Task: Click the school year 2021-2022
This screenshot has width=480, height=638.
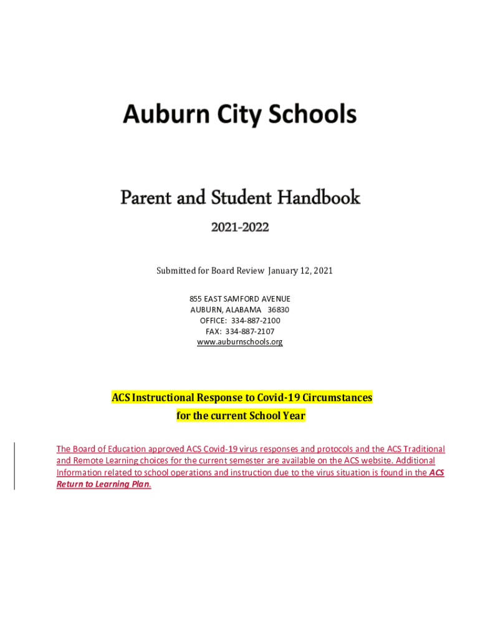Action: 240,228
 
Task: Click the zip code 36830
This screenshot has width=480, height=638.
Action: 278,310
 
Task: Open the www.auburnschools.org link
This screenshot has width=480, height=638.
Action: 240,342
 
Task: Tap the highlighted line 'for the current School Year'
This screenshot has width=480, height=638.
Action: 241,416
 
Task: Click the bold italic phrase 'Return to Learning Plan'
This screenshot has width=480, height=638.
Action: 103,484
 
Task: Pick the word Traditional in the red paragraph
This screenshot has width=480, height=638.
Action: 425,449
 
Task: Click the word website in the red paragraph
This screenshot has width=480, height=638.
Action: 375,460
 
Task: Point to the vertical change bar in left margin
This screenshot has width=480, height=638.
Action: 14,466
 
